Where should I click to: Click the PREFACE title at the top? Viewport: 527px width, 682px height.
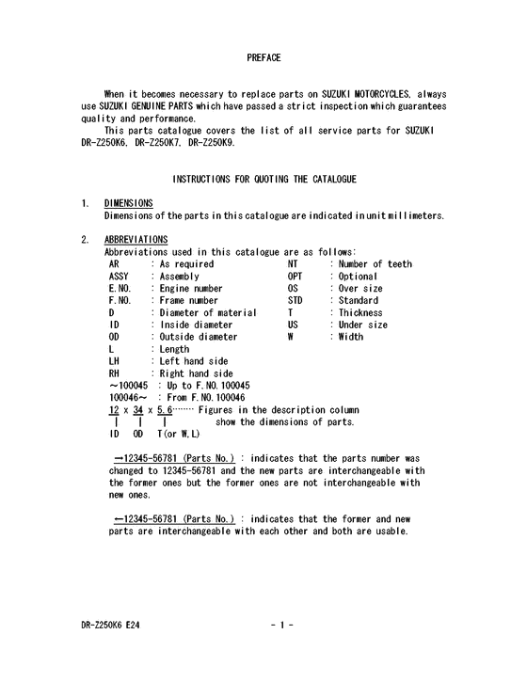263,58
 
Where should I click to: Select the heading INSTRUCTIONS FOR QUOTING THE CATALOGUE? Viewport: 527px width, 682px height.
263,179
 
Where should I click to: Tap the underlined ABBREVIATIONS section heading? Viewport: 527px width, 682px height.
136,240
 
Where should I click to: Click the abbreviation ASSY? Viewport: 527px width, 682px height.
120,277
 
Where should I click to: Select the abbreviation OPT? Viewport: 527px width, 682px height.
295,277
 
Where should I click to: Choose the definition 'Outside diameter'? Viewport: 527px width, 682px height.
198,337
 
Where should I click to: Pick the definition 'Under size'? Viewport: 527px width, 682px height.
362,325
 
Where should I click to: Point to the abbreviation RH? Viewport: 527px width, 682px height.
115,373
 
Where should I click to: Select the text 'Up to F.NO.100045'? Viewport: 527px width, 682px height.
208,386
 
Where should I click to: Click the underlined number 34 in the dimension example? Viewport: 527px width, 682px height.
139,410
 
